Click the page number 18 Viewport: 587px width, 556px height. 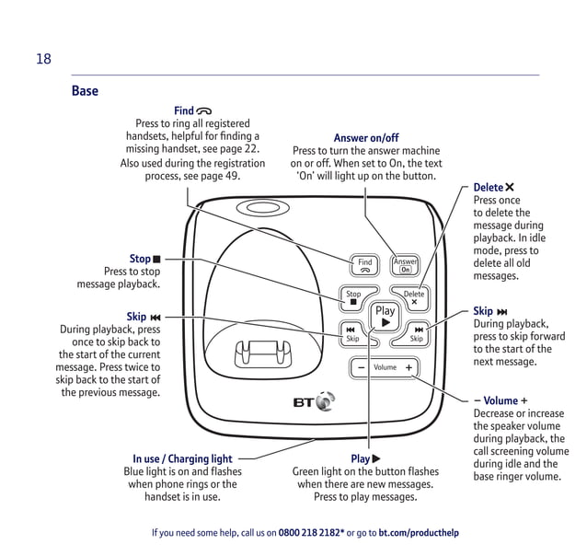43,60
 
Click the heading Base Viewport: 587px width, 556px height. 85,91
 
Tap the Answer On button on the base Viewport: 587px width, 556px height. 405,265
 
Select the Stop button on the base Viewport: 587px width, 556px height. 353,298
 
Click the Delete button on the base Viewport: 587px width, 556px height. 414,298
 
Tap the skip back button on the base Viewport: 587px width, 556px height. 351,333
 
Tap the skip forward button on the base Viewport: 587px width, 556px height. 418,333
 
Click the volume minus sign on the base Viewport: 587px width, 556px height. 362,367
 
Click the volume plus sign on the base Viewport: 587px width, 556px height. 409,367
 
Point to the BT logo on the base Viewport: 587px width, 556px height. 314,402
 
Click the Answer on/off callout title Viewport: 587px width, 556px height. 366,138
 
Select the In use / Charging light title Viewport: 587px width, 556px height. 182,458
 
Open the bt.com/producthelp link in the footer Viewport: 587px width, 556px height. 419,533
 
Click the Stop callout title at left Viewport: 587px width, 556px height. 140,260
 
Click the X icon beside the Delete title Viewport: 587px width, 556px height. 510,188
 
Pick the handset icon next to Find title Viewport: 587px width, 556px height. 203,111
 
